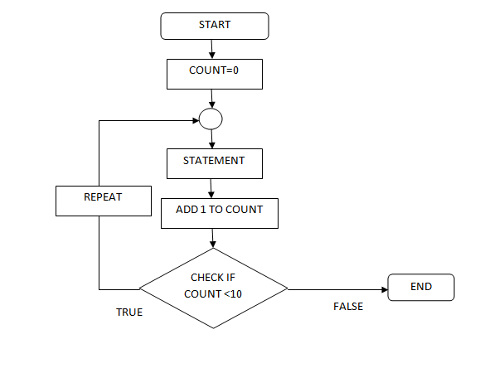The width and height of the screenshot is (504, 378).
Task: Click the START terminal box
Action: click(214, 26)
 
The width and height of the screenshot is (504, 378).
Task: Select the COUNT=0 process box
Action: click(214, 73)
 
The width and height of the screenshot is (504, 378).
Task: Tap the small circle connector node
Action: click(211, 119)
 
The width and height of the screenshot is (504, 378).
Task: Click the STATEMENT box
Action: click(214, 162)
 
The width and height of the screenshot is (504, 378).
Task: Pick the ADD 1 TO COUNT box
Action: click(219, 212)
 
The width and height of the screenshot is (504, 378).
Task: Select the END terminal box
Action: click(421, 287)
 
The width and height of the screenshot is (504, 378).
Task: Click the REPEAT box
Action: click(103, 199)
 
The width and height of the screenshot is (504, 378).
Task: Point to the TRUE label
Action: click(129, 313)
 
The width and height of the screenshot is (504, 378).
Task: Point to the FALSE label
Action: click(348, 307)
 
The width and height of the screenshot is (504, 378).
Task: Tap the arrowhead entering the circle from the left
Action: click(195, 120)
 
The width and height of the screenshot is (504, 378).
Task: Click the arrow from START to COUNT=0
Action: click(214, 49)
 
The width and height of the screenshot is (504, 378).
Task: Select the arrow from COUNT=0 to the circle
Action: click(214, 99)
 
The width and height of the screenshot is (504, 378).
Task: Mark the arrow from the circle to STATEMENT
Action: click(214, 139)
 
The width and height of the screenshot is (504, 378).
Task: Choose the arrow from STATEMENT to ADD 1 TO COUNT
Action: click(214, 187)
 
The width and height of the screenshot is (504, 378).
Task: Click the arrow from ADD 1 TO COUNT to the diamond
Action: click(214, 238)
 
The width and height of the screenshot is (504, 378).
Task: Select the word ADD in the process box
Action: click(187, 210)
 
